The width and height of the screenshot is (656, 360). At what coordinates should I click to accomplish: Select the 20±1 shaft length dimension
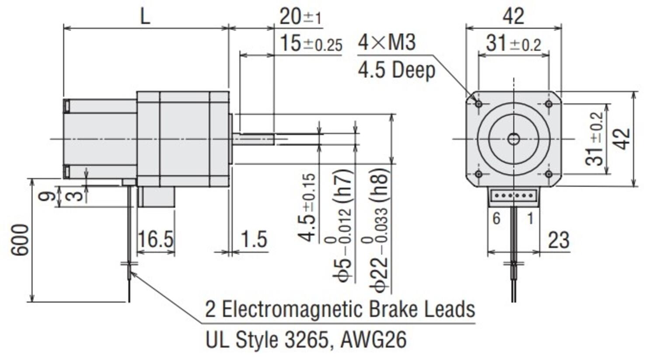point(300,17)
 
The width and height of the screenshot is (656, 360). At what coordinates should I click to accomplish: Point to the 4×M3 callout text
point(387,42)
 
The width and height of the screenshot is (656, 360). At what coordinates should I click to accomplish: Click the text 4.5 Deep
point(396,70)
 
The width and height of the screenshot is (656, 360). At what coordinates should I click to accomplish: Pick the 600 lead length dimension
point(20,240)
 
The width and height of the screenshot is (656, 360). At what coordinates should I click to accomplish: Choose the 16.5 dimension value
point(155,239)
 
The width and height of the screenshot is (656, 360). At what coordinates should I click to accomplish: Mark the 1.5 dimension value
point(254,239)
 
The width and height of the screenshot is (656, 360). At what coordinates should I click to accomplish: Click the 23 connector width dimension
point(558,240)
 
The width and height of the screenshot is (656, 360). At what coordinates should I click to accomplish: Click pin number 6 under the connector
point(496,218)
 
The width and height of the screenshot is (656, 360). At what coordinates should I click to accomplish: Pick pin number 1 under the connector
point(530,218)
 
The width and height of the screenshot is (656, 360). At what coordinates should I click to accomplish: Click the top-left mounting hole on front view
point(478,104)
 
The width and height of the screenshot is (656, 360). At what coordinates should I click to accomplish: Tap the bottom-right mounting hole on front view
point(549,174)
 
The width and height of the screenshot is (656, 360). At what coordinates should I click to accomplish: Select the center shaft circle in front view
point(513,139)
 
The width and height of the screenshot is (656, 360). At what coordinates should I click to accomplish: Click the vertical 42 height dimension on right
point(623,139)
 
